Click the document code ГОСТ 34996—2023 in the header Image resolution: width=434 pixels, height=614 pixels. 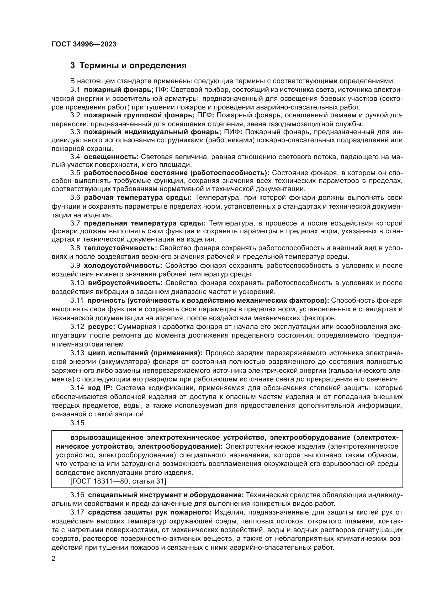coord(84,44)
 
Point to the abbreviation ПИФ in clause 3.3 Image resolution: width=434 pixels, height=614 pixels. coord(233,132)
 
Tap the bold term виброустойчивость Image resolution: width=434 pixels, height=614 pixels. coord(125,283)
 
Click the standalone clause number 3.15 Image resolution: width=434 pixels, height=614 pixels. coord(77,423)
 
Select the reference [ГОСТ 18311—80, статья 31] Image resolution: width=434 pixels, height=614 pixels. coord(118,481)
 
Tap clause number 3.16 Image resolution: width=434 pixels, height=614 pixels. coord(77,495)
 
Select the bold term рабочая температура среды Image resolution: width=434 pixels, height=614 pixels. coord(138,198)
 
